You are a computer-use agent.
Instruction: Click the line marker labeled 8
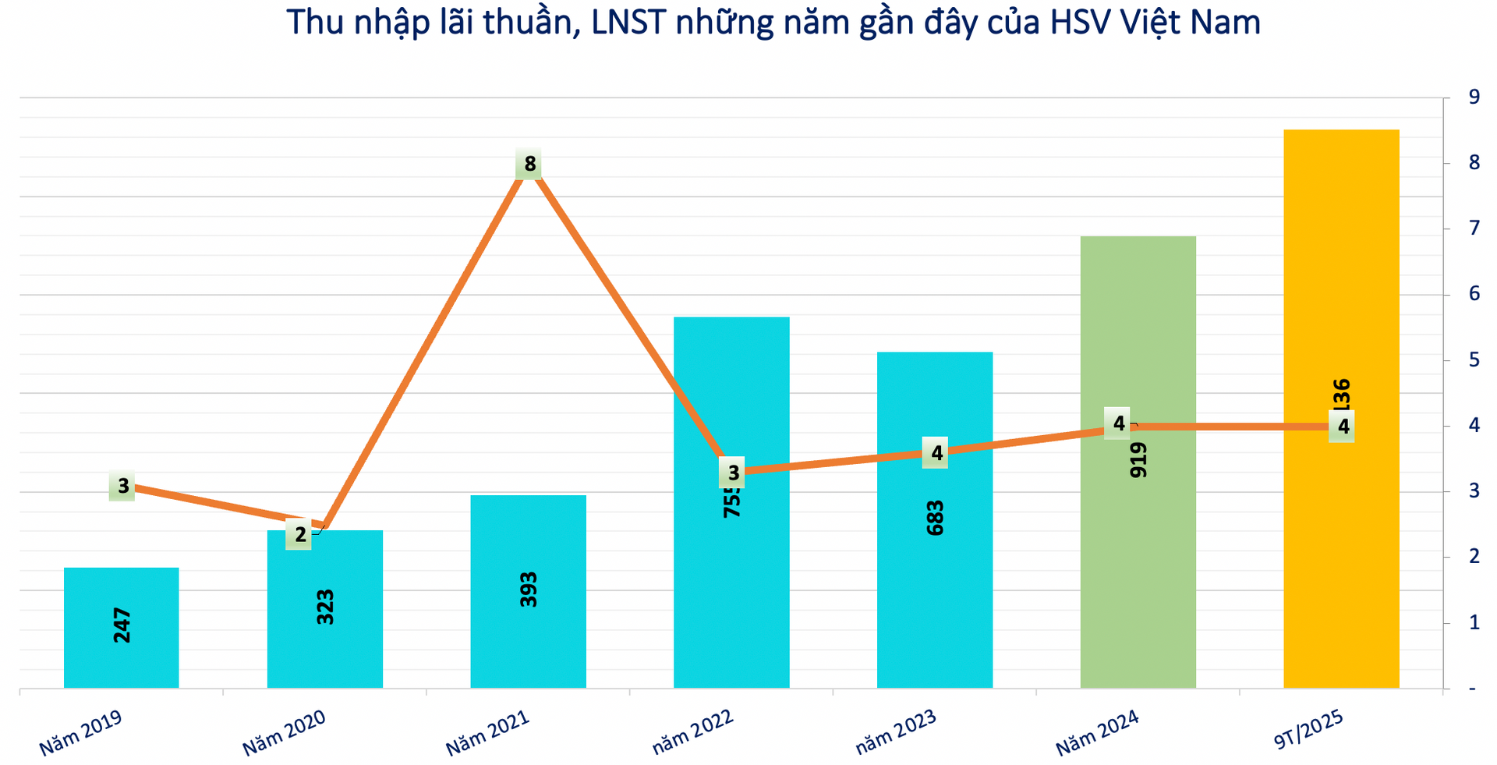pos(529,165)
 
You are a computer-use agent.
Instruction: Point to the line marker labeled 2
pos(300,535)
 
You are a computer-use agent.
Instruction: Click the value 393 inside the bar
pos(529,590)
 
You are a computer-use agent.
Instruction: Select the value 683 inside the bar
pos(935,518)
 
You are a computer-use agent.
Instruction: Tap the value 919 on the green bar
pos(1138,460)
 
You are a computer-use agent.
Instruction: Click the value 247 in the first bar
pos(122,625)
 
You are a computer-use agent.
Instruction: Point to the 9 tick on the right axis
pos(1474,97)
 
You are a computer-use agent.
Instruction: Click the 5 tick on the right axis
pos(1474,360)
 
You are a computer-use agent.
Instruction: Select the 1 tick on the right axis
pos(1474,623)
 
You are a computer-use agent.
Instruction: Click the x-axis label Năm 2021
pos(488,733)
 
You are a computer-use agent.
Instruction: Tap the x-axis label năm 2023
pos(895,733)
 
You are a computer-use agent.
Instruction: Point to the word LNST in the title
pos(628,22)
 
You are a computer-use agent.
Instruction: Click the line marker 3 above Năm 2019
pos(122,487)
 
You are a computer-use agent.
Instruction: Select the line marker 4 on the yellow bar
pos(1343,427)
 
